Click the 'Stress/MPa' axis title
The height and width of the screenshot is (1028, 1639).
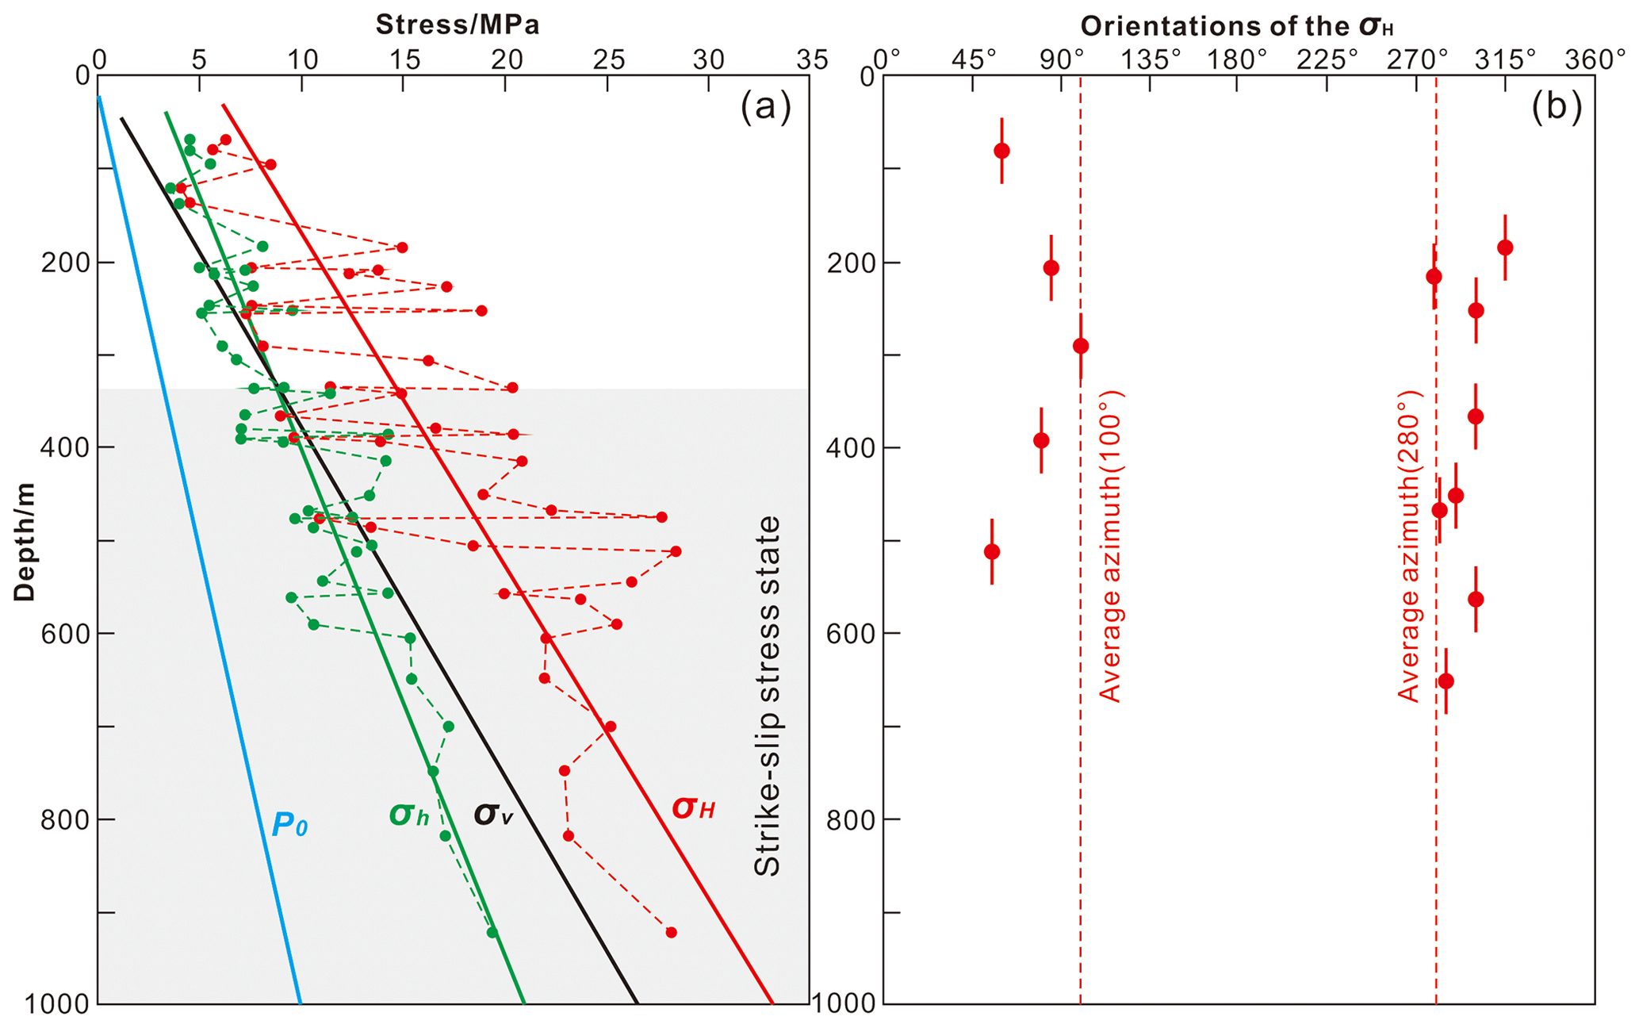[x=458, y=25]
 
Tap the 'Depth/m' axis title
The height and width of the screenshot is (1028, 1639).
[x=25, y=542]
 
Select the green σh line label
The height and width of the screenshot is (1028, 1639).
[x=409, y=815]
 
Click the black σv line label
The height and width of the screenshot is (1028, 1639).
[x=493, y=815]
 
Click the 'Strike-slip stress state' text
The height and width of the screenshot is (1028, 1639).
[x=767, y=696]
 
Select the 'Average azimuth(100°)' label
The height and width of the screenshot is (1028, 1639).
[x=1110, y=547]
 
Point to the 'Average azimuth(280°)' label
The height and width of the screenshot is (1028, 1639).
[x=1408, y=547]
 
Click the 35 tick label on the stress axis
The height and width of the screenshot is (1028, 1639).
[x=810, y=59]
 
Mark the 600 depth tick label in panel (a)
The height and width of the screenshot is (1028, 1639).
[x=68, y=633]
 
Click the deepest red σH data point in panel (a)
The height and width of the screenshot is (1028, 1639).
[x=671, y=932]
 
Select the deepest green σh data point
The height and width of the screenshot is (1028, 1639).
[x=492, y=932]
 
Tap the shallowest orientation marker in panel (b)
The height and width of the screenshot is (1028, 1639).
[x=1001, y=151]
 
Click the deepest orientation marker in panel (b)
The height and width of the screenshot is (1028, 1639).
[x=1446, y=681]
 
